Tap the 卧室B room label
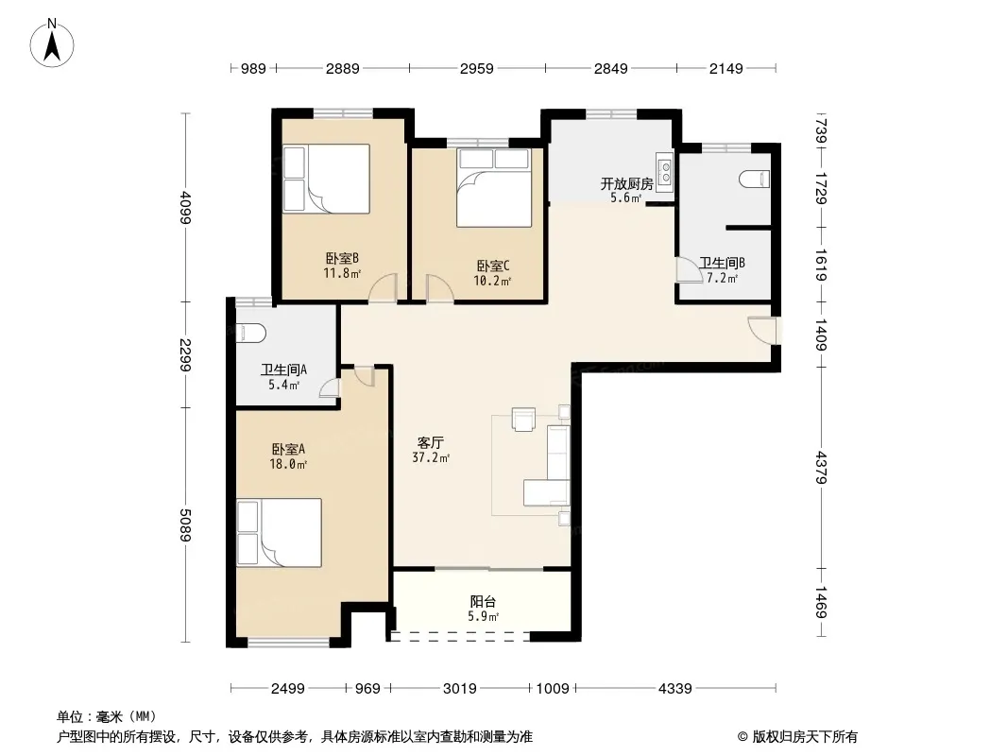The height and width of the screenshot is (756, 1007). point(342,258)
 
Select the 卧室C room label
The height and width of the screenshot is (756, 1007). point(492,266)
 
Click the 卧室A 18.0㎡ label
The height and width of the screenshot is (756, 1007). point(288,456)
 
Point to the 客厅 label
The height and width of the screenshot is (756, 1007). point(430,442)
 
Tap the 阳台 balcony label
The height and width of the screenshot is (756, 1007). point(483,602)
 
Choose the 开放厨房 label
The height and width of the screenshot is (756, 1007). point(627,183)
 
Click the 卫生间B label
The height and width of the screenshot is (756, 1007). point(722,263)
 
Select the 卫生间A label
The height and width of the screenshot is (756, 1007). point(283,369)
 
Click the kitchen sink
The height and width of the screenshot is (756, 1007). point(665,172)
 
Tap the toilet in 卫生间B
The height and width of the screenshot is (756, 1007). point(754,179)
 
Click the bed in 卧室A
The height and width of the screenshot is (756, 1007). point(279,533)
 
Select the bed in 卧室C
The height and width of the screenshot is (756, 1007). point(494,187)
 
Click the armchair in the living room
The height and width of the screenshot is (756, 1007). point(523,419)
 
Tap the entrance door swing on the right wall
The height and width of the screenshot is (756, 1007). point(762,331)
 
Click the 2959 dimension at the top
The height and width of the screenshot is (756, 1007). point(476,68)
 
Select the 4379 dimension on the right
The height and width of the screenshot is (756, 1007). point(822,468)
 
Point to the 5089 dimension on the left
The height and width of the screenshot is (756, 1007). point(185,524)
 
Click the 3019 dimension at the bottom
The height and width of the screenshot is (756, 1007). point(460,689)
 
